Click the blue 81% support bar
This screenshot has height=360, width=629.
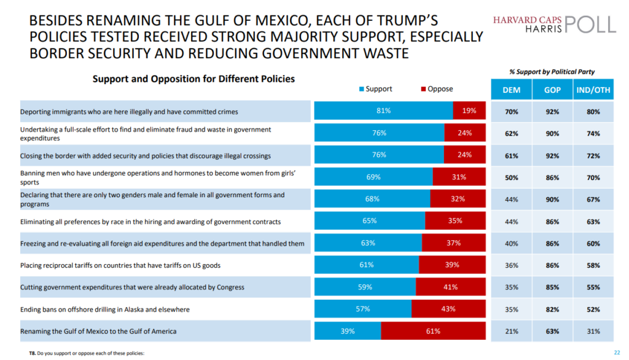383,111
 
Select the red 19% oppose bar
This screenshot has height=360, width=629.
469,111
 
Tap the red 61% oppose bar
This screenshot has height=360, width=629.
432,331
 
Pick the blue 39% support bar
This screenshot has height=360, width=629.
348,331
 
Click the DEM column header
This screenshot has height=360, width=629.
511,90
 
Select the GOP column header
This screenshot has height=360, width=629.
552,90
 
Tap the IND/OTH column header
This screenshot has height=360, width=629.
593,90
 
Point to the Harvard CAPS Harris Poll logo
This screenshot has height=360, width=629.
554,25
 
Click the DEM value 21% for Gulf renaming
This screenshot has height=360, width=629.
511,332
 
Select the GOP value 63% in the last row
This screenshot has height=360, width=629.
552,332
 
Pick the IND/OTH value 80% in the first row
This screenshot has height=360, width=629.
593,112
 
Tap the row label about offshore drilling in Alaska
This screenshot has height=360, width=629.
105,309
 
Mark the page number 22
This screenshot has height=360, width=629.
617,352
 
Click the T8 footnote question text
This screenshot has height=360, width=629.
86,353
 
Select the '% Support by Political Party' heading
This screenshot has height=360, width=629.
552,72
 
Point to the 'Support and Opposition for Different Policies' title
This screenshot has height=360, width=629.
193,79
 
